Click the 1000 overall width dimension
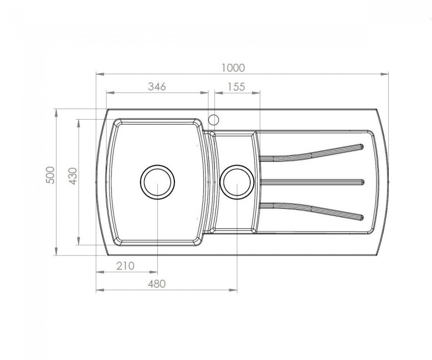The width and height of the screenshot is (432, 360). (x=233, y=68)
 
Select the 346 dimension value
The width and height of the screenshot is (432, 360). (x=157, y=86)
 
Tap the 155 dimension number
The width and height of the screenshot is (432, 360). (x=236, y=87)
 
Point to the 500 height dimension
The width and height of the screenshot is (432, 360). (x=51, y=175)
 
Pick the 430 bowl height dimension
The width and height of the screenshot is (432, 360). (x=73, y=176)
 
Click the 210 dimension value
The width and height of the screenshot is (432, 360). (x=125, y=266)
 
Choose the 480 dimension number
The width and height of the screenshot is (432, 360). (x=157, y=284)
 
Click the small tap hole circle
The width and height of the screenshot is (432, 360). (x=214, y=120)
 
